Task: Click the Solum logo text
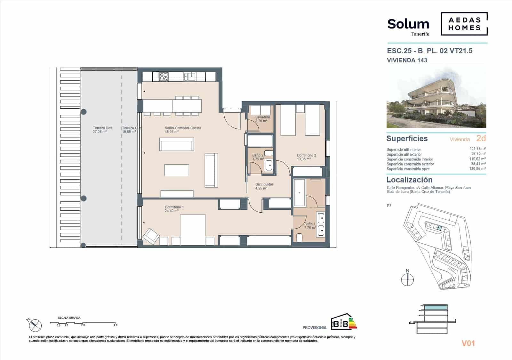click(x=408, y=24)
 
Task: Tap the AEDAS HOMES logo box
click(x=464, y=24)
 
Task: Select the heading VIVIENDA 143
click(x=407, y=60)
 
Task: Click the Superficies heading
click(x=407, y=138)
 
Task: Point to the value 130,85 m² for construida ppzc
click(x=477, y=168)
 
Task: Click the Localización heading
click(x=409, y=180)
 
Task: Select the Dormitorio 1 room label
click(x=174, y=207)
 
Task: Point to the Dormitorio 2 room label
click(x=306, y=155)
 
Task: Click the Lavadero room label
click(x=262, y=117)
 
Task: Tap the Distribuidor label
click(x=264, y=184)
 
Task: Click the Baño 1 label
click(x=309, y=224)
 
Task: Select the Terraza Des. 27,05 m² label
click(x=102, y=130)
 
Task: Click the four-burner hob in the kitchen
click(x=163, y=76)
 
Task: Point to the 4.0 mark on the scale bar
click(x=115, y=325)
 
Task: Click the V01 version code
click(x=468, y=343)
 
